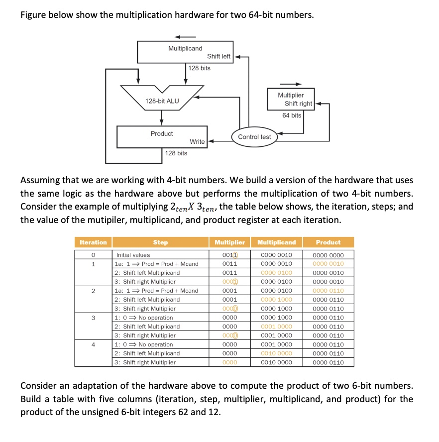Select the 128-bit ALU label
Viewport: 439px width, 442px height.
point(162,101)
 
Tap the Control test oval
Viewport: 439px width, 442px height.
point(254,137)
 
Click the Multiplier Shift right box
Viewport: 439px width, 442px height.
point(291,100)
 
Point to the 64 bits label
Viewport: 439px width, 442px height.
point(292,115)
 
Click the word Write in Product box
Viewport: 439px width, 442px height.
point(197,142)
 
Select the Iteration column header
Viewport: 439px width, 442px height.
point(93,242)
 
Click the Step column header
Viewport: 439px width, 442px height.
point(160,242)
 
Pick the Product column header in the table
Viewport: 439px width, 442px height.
point(328,242)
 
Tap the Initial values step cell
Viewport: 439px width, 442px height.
point(133,255)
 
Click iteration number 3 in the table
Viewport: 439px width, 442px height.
point(93,318)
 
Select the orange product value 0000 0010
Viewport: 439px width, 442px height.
point(328,264)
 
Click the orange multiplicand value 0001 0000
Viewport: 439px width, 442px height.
point(277,327)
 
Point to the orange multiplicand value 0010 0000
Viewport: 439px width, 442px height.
point(277,353)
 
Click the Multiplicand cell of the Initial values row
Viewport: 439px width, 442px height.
point(277,255)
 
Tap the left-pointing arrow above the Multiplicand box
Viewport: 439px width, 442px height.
point(185,36)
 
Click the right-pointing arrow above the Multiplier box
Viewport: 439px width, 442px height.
point(291,84)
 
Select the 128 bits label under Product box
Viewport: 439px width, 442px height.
point(176,153)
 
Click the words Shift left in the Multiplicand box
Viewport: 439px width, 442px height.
point(219,56)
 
